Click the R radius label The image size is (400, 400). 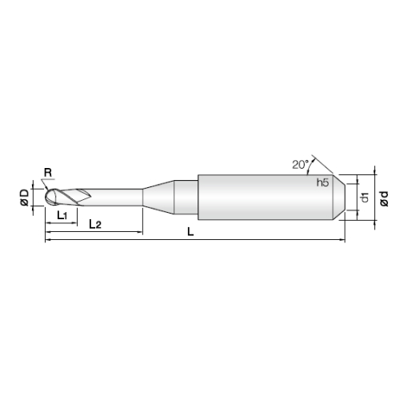(x=48, y=173)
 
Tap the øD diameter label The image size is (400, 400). (x=25, y=198)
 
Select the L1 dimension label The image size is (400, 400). (x=62, y=215)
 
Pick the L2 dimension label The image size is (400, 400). (x=95, y=224)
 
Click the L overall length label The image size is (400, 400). (x=190, y=231)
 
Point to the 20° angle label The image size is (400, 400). (x=300, y=165)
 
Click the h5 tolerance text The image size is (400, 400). (x=322, y=182)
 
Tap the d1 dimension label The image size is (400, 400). (x=365, y=198)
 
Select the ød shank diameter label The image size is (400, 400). (x=384, y=198)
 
